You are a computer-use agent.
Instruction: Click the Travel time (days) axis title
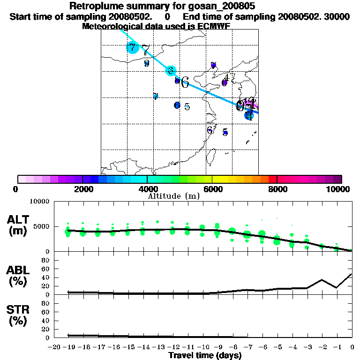pos(205,356)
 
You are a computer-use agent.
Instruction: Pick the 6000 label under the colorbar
pos(212,189)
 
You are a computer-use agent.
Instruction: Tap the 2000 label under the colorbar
pos(82,189)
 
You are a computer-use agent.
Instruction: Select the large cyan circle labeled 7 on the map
pos(133,47)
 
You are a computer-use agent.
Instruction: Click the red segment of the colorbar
pos(272,179)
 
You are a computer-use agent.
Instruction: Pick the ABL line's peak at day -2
pos(322,280)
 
